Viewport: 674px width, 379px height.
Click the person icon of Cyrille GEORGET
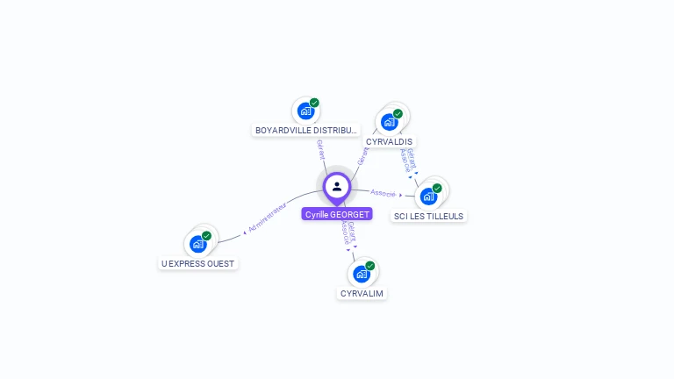pos(337,186)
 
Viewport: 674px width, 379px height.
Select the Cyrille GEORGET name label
pos(337,214)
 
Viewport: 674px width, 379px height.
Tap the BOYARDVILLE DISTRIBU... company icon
pos(305,111)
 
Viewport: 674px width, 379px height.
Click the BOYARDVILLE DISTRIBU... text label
pos(306,131)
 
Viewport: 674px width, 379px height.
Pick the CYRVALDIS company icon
pos(389,122)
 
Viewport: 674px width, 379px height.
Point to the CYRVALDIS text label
pos(389,141)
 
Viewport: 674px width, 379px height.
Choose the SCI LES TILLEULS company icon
pos(428,196)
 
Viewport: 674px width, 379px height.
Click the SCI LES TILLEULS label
pos(428,216)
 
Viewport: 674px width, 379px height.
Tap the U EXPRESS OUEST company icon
pos(198,244)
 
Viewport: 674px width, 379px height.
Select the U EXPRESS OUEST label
pos(199,263)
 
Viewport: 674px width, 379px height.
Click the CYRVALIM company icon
pos(361,274)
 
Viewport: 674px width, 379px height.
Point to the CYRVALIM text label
pos(362,293)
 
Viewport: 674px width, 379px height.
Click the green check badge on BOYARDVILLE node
pos(314,103)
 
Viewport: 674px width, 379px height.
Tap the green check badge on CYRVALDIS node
pos(398,113)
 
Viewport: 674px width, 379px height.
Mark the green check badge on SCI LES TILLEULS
pos(437,188)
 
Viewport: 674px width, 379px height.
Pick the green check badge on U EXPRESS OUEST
pos(207,235)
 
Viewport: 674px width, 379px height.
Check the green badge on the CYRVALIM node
pos(369,265)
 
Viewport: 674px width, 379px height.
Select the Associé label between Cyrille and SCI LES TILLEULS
pos(384,192)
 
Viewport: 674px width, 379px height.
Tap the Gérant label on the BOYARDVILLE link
pos(320,149)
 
